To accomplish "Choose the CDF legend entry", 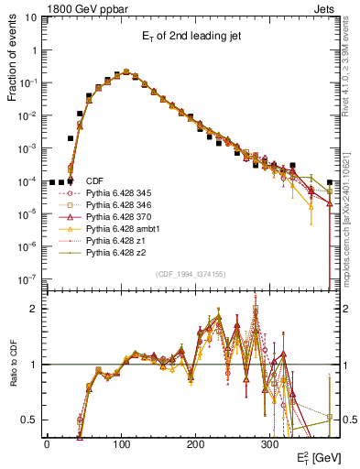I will pyautogui.click(x=94, y=181).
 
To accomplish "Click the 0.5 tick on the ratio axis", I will pyautogui.click(x=32, y=420).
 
